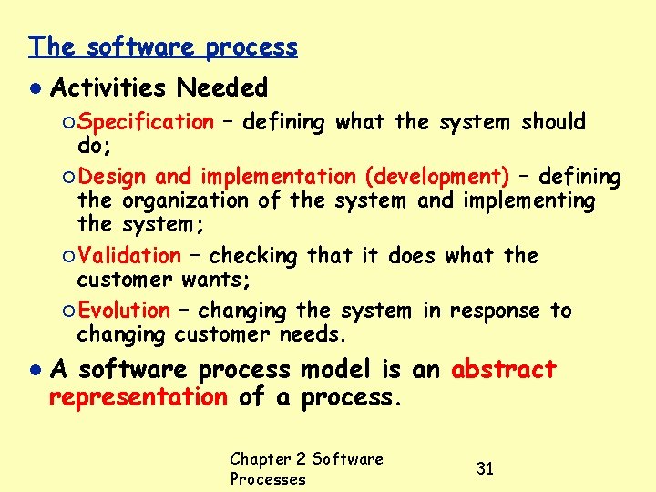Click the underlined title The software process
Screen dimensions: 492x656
[163, 46]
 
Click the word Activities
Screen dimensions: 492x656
[108, 88]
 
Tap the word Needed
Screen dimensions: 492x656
[222, 88]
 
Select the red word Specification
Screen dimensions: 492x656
[145, 122]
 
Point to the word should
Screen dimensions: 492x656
[554, 122]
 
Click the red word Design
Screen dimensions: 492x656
[113, 177]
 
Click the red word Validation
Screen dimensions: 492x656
[128, 257]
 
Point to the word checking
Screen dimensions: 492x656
[253, 257]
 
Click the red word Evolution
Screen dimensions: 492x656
[123, 312]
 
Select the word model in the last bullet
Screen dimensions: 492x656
[333, 370]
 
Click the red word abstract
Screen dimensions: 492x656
[504, 370]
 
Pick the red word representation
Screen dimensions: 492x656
[138, 397]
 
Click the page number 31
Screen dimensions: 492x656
[486, 468]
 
